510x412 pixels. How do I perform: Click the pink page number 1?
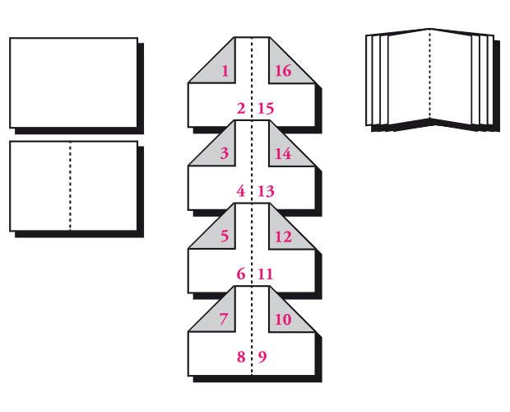click(225, 71)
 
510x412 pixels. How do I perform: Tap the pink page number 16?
click(282, 71)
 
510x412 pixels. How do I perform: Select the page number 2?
click(240, 108)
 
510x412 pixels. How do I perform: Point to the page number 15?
click(265, 108)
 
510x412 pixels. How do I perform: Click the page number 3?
click(225, 154)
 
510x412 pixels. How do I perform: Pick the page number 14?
click(282, 154)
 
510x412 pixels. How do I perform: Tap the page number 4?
click(240, 191)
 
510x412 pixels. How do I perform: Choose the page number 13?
click(265, 191)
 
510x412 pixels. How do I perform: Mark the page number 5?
click(225, 236)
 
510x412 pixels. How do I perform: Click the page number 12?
click(282, 236)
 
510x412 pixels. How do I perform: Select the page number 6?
click(240, 274)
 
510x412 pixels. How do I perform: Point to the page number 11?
click(265, 274)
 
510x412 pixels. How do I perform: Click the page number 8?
click(240, 357)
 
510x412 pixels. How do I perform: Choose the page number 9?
click(262, 357)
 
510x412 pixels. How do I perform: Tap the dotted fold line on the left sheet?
click(70, 185)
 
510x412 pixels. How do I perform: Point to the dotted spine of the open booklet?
click(429, 74)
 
